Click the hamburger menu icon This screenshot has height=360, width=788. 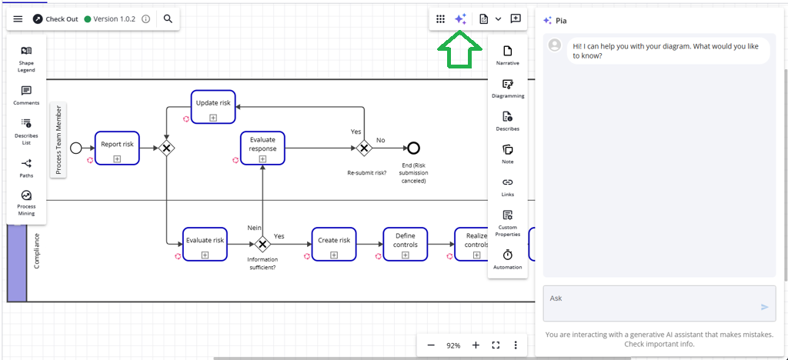18,18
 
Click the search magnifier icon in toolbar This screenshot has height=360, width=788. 168,18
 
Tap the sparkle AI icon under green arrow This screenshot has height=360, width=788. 460,19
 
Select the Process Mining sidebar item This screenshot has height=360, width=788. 26,201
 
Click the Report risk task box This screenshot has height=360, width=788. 117,147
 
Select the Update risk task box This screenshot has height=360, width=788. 213,106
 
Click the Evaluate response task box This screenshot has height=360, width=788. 262,147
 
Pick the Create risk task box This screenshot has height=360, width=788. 334,244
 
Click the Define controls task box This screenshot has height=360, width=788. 406,244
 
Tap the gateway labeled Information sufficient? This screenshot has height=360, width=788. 262,244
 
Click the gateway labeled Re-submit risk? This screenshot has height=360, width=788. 364,148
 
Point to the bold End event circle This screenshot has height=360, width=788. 413,148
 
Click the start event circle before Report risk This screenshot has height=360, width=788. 75,148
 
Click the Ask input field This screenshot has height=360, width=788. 650,302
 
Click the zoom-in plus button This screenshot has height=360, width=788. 476,345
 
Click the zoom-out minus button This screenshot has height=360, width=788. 431,345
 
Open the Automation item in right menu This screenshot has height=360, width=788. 507,258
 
